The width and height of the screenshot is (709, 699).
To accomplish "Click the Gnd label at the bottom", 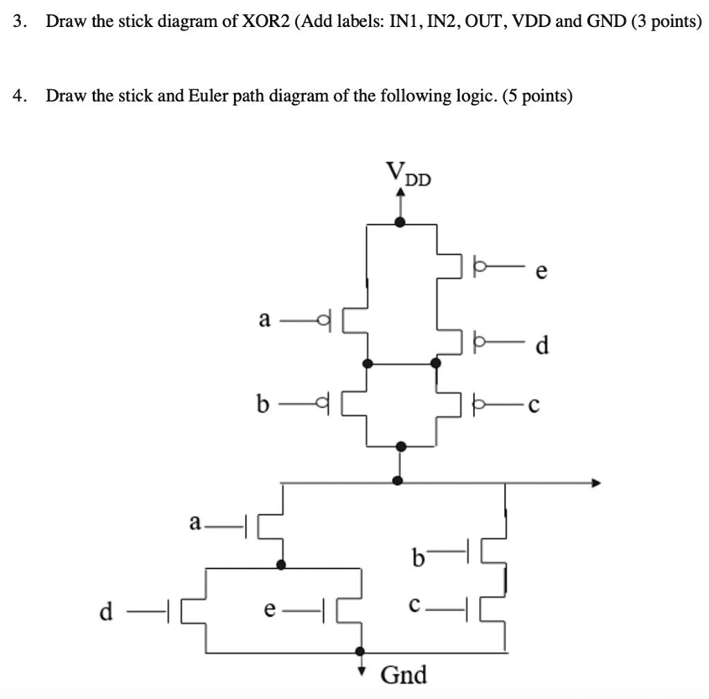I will click(x=404, y=673).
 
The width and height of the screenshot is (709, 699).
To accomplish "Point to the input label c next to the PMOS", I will click(x=532, y=406).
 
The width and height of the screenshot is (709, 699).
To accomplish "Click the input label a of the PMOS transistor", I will click(x=263, y=320).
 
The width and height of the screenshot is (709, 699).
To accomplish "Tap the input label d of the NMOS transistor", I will click(x=105, y=610).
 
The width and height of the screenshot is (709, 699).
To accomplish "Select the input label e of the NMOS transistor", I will click(x=270, y=609).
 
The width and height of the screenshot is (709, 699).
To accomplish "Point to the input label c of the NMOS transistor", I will click(x=413, y=604).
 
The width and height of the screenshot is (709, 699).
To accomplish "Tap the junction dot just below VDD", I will click(x=400, y=222).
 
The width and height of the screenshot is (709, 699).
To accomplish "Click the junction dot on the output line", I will click(x=398, y=480).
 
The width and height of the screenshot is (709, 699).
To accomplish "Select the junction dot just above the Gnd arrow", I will click(x=360, y=651).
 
